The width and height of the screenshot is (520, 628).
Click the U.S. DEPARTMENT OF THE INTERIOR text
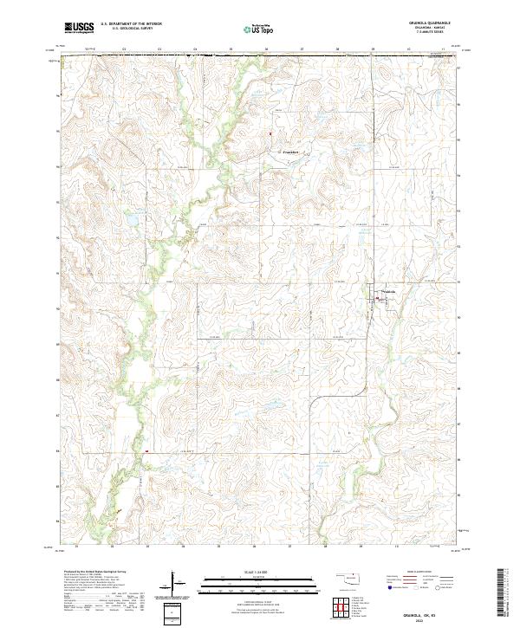(131, 23)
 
